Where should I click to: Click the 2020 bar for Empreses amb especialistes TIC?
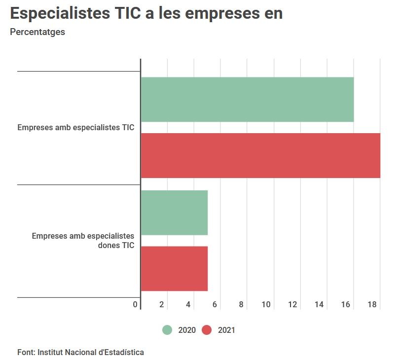[247, 99]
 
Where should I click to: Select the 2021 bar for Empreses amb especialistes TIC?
[260, 155]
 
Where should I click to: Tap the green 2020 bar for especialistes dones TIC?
[174, 213]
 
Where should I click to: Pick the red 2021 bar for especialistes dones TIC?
[174, 269]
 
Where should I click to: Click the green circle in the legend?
[167, 330]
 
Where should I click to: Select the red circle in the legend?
[207, 330]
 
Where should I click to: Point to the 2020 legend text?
[187, 330]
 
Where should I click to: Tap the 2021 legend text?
[226, 330]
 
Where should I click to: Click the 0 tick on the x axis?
[135, 304]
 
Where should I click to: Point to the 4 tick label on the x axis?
[188, 304]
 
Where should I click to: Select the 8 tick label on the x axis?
[241, 304]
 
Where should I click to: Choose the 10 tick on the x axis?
[266, 304]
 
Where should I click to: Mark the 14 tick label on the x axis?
[319, 304]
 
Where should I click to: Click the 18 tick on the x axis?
[372, 304]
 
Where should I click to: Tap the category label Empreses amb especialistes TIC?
[75, 128]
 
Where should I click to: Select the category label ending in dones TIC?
[83, 241]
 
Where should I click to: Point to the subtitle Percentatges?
[37, 33]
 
